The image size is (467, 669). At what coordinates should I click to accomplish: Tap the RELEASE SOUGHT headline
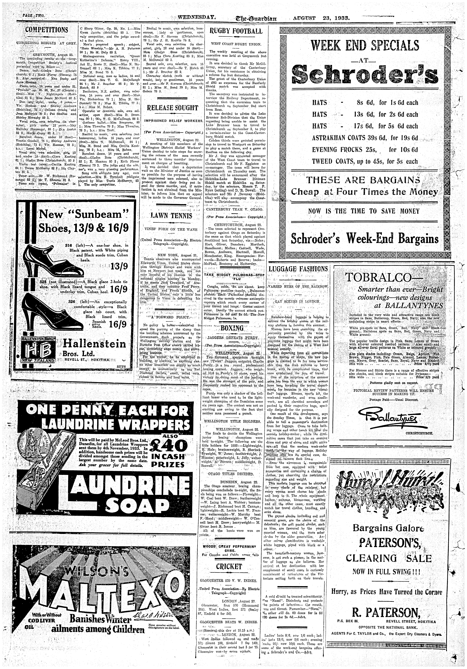pyautogui.click(x=173, y=108)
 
